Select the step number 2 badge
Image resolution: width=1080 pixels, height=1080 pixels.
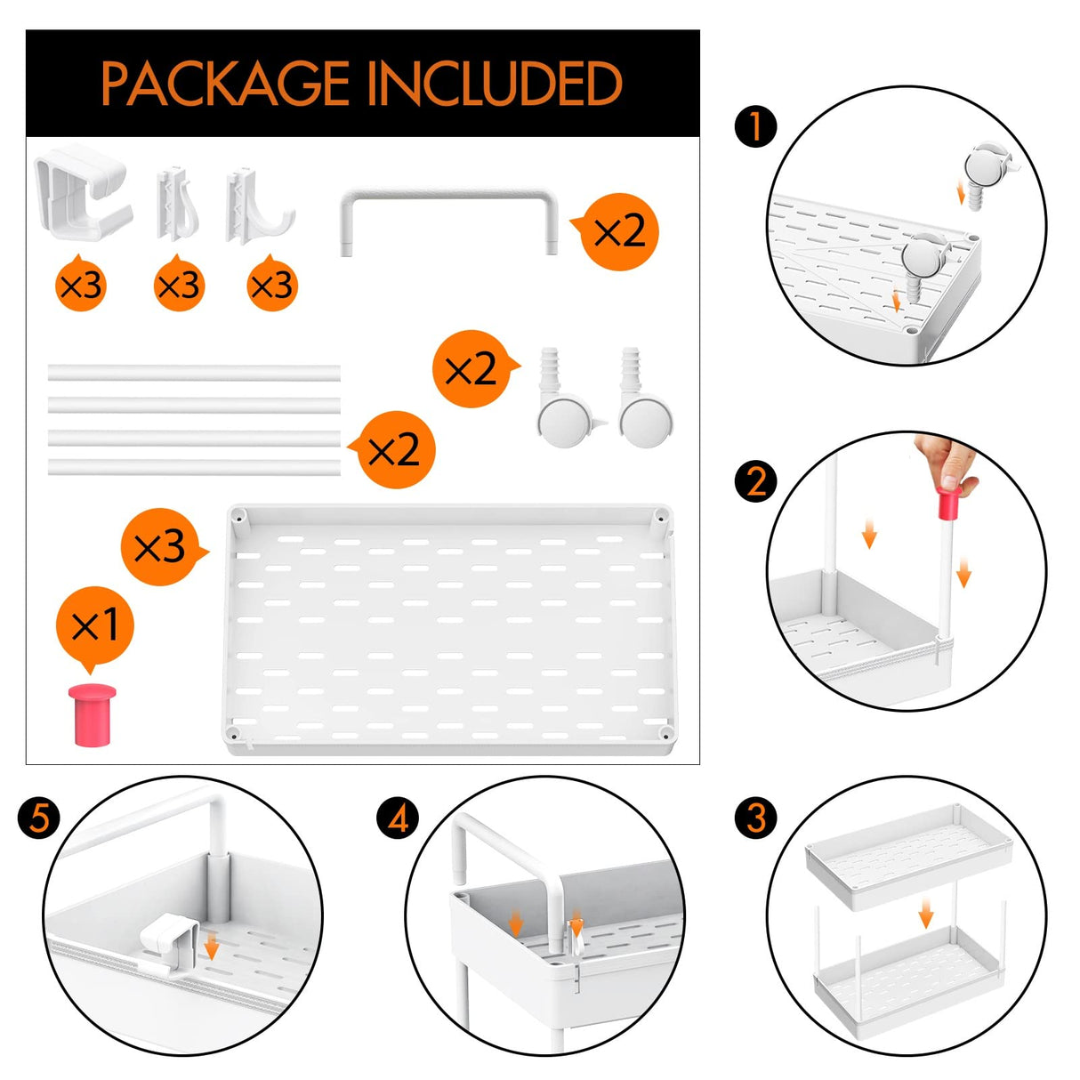click(755, 480)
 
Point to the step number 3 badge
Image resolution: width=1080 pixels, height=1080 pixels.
click(755, 818)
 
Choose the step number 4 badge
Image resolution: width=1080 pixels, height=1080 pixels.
click(398, 818)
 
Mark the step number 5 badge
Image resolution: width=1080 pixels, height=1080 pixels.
click(38, 818)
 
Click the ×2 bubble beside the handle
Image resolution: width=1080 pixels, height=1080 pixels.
click(617, 231)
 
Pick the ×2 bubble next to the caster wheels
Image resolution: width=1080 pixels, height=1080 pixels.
click(473, 368)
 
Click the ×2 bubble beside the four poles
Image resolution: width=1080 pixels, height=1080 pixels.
click(394, 449)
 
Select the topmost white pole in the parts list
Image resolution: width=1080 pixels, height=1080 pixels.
click(194, 373)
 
